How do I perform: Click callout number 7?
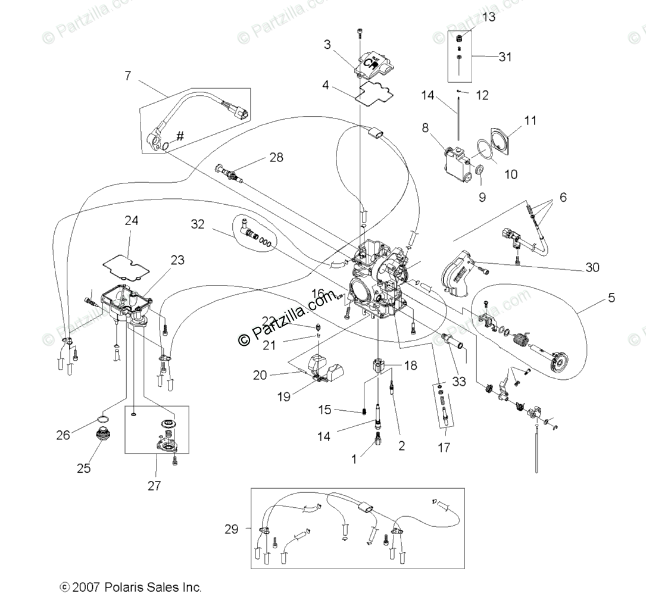(x=127, y=76)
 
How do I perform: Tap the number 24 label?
(x=131, y=221)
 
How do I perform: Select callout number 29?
(x=232, y=529)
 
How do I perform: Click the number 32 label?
(x=198, y=224)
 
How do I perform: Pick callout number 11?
(x=530, y=121)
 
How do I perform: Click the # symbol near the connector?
(x=180, y=136)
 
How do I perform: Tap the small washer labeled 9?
(x=478, y=173)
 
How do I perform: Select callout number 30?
(x=592, y=268)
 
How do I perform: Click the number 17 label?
(x=444, y=446)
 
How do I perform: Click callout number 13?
(x=488, y=17)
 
